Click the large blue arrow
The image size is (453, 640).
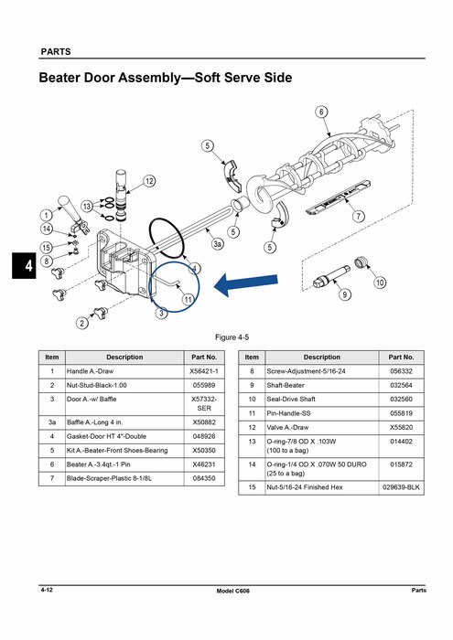(246, 284)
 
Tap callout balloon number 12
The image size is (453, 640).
(149, 181)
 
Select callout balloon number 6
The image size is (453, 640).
(321, 112)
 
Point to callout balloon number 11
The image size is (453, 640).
(188, 300)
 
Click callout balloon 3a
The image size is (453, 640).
(218, 244)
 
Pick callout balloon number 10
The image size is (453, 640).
(380, 282)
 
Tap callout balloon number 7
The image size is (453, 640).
(358, 216)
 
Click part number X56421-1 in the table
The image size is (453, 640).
(204, 371)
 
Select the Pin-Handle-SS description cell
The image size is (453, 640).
(322, 413)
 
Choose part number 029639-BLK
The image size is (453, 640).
(401, 487)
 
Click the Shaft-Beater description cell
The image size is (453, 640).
(322, 385)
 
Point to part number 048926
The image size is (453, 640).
(204, 436)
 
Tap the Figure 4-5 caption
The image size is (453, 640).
(232, 337)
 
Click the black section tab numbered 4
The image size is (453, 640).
(24, 266)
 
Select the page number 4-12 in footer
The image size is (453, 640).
(47, 590)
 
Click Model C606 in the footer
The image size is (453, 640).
(232, 591)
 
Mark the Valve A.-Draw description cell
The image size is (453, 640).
(322, 427)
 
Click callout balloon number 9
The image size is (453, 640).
(345, 294)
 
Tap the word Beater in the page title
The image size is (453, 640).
(59, 78)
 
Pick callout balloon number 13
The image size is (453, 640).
(87, 206)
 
